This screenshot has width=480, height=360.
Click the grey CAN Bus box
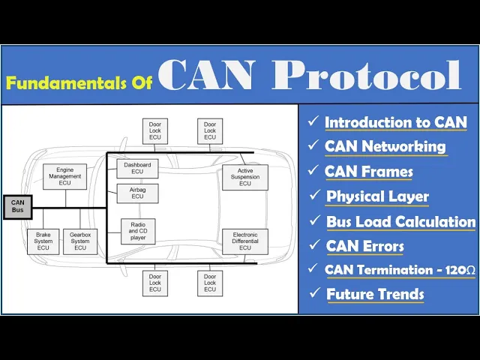click(x=18, y=206)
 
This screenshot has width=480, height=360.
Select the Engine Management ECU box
click(x=64, y=177)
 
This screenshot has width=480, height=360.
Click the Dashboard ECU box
click(x=137, y=168)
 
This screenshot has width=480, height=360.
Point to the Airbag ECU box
click(x=137, y=192)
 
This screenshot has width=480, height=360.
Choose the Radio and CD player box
click(x=137, y=231)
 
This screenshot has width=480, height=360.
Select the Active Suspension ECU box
click(x=244, y=178)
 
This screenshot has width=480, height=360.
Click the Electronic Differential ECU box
click(x=244, y=241)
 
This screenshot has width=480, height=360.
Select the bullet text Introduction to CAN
click(x=395, y=122)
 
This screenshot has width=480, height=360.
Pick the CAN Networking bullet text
click(x=385, y=146)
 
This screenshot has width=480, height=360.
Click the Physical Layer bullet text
click(x=377, y=196)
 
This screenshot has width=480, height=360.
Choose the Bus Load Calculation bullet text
click(x=400, y=221)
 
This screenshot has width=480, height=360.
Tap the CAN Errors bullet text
click(x=364, y=245)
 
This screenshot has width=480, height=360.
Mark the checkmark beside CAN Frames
click(x=313, y=171)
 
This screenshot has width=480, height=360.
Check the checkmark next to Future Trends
click(x=313, y=294)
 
